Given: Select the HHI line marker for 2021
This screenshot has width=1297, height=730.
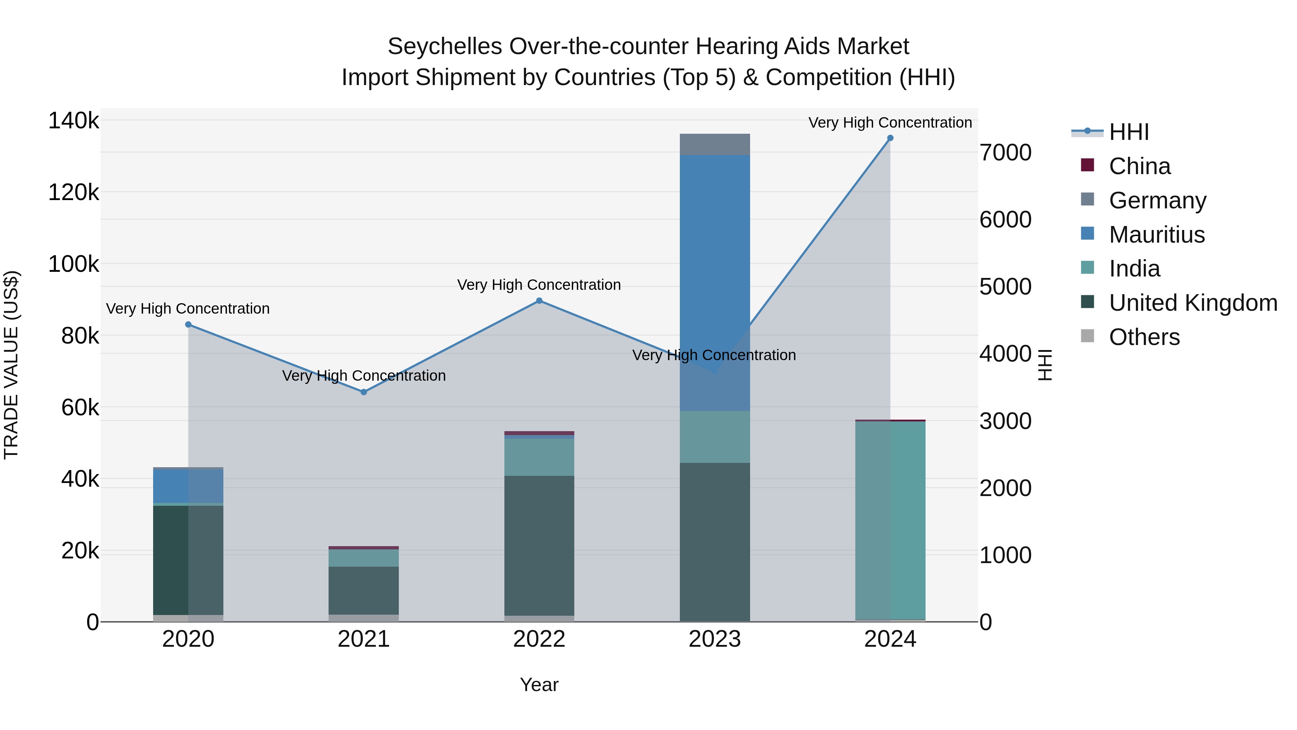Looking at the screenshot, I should (364, 392).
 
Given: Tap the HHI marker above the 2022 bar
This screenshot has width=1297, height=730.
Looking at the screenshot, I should (539, 301).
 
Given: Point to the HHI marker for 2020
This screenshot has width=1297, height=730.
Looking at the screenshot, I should (188, 324).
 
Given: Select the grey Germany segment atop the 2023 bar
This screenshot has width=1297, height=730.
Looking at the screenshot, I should (714, 144).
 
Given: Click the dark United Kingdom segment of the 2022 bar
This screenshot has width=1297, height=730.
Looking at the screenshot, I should (539, 544).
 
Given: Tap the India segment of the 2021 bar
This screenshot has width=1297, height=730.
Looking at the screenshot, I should (364, 558).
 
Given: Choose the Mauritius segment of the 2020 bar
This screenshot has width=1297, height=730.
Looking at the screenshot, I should (188, 486).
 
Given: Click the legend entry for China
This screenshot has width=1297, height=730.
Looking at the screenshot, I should (1140, 166).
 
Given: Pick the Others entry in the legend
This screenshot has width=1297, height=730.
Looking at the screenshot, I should (1144, 337).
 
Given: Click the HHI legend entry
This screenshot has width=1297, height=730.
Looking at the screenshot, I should (1128, 132).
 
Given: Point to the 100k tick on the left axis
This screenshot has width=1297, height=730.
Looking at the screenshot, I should (73, 264).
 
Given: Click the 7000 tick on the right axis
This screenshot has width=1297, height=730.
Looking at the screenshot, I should (1005, 152).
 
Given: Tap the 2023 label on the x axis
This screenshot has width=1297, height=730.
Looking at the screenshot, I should (714, 639).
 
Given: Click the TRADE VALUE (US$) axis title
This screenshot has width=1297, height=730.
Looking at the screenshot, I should (11, 365).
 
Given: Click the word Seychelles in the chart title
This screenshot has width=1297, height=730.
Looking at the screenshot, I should (445, 47).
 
